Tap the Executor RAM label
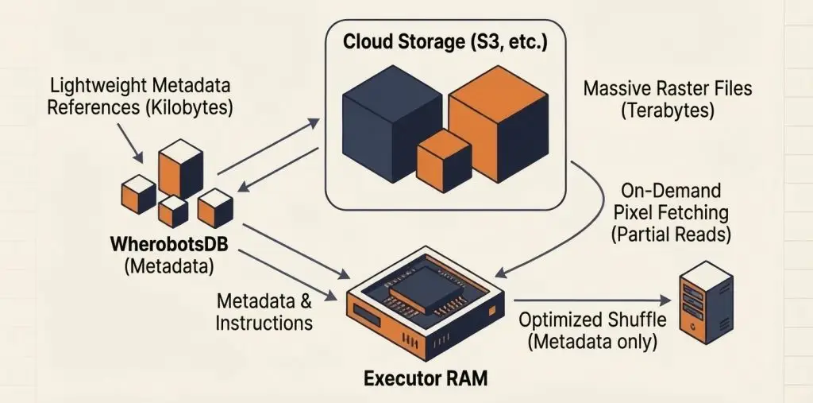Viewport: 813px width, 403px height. [426, 378]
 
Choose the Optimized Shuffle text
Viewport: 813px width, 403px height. [591, 320]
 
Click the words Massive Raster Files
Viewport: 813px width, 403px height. [668, 88]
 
